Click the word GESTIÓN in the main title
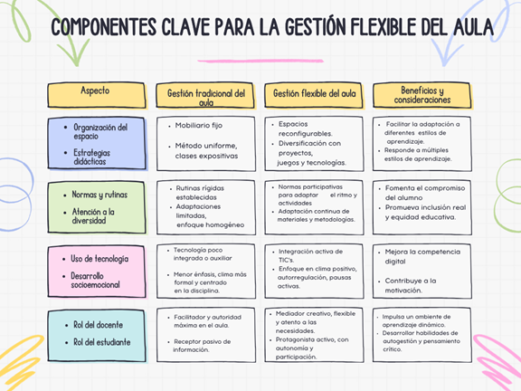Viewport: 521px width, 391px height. (x=314, y=26)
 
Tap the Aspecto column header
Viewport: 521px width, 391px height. (x=95, y=91)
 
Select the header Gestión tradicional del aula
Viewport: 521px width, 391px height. (x=206, y=98)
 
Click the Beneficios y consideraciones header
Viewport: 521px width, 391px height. (x=422, y=95)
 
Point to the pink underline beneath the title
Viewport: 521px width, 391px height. (x=260, y=61)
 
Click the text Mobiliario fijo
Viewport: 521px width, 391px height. (x=199, y=125)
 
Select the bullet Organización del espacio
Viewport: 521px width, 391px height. (x=100, y=131)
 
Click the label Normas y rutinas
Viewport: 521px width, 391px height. (x=99, y=195)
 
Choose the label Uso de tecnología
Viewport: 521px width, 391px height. (x=99, y=259)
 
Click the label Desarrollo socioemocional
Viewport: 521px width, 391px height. (x=95, y=281)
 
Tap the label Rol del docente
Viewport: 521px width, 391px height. (x=98, y=325)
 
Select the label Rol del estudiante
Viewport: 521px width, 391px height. (x=101, y=342)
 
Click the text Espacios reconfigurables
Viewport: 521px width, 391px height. (x=306, y=129)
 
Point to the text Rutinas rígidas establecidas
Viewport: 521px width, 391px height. (x=200, y=193)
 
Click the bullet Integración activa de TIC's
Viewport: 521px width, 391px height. (x=310, y=255)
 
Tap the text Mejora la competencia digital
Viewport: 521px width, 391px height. (x=422, y=256)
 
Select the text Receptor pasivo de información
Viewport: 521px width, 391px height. (x=202, y=346)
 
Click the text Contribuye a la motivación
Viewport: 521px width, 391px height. (x=411, y=286)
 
